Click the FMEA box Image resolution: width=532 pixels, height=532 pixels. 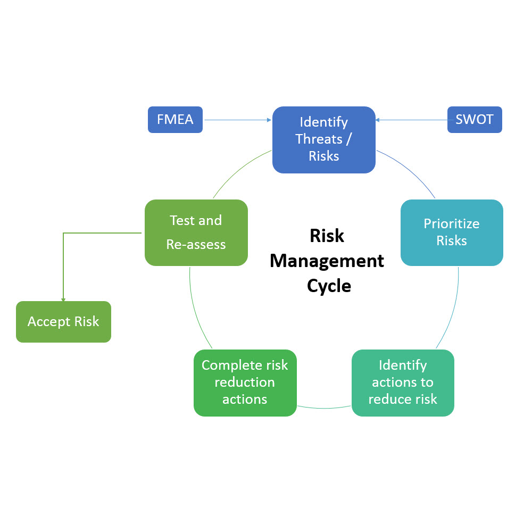pyautogui.click(x=175, y=120)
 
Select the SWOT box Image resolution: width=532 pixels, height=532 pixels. pyautogui.click(x=475, y=120)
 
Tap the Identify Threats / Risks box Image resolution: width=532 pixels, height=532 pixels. pyautogui.click(x=323, y=139)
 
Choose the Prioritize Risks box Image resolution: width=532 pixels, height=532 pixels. pyautogui.click(x=451, y=232)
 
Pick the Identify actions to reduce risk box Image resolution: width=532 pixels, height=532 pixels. pyautogui.click(x=403, y=383)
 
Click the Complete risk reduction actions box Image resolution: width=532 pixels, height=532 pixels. pyautogui.click(x=245, y=383)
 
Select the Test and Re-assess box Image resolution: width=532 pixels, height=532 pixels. pyautogui.click(x=196, y=232)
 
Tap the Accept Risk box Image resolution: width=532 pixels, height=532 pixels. pyautogui.click(x=63, y=322)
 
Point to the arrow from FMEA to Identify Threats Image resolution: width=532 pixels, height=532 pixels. pyautogui.click(x=237, y=120)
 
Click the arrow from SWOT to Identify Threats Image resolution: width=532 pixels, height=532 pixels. pyautogui.click(x=411, y=120)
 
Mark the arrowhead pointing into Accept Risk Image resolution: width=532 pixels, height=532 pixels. pyautogui.click(x=63, y=300)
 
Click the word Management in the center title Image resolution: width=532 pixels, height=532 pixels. pyautogui.click(x=327, y=261)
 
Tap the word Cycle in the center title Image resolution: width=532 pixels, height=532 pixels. pyautogui.click(x=329, y=286)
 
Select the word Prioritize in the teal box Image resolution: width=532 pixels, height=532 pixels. pyautogui.click(x=451, y=224)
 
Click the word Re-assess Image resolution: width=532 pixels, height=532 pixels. pyautogui.click(x=196, y=245)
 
